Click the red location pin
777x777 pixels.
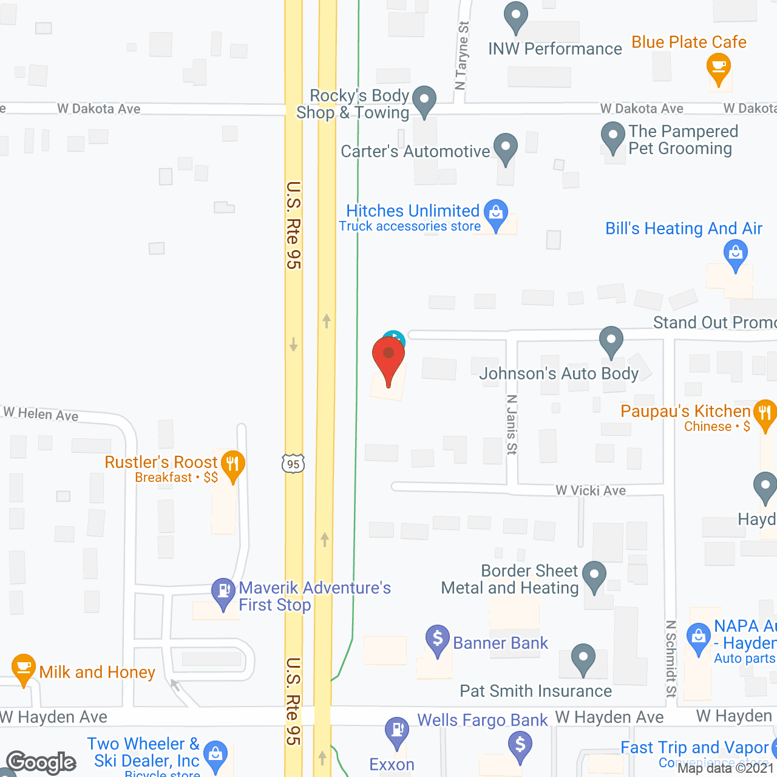[x=388, y=358]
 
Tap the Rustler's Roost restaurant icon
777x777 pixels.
[x=232, y=465]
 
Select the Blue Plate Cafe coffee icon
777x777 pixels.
[x=719, y=67]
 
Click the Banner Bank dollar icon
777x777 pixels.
[x=437, y=639]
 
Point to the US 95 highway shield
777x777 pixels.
[x=293, y=464]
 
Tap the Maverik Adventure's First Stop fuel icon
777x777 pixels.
[x=223, y=591]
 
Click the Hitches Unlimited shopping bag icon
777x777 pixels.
[x=496, y=214]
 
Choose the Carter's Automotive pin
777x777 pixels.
[x=506, y=147]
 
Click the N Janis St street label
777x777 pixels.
[x=512, y=424]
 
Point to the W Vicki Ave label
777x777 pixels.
[x=591, y=490]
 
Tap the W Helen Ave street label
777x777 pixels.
[x=41, y=414]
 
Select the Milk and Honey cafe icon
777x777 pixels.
[x=23, y=668]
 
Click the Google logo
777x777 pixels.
[x=41, y=762]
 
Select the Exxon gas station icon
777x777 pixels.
[x=397, y=731]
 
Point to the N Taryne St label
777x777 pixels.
[x=463, y=55]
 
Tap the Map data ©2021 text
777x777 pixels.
[x=726, y=768]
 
